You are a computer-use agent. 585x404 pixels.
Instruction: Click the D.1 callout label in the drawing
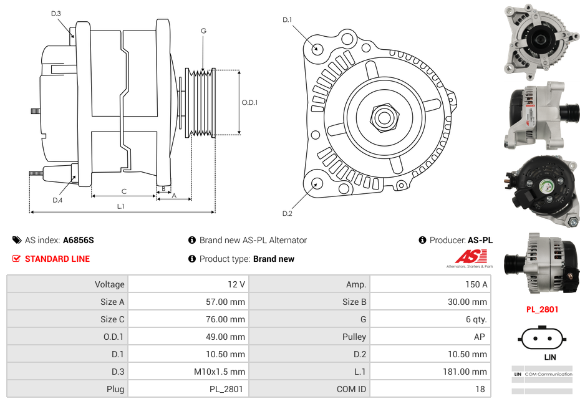click(287, 20)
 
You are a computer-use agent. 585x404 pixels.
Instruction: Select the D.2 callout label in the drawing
click(287, 214)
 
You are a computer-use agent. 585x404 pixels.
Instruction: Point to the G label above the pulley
click(203, 31)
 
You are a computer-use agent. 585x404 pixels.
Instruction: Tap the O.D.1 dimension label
click(249, 102)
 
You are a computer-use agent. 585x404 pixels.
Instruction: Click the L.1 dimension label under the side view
click(121, 206)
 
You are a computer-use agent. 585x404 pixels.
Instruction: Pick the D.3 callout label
click(56, 13)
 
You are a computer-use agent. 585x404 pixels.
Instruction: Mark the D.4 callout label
click(57, 200)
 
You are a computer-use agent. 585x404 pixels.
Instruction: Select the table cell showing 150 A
click(476, 284)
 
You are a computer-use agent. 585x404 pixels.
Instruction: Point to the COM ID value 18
click(481, 389)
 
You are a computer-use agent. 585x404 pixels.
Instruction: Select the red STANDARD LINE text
click(57, 259)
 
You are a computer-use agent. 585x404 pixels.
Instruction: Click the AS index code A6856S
click(79, 240)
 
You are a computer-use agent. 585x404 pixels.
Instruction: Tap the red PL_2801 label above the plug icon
click(542, 309)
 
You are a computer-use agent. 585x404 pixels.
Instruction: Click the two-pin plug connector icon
click(541, 340)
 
